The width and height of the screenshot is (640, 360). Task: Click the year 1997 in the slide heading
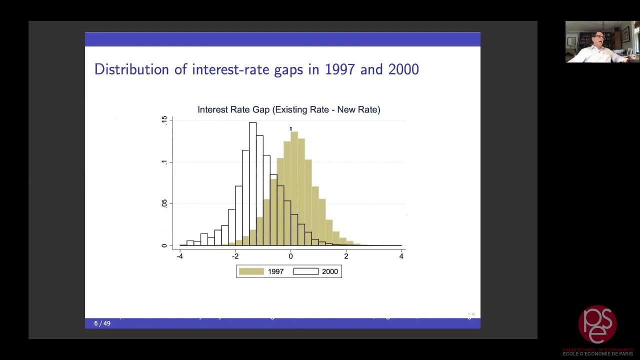tap(340, 69)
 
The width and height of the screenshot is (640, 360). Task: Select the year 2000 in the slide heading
tap(403, 69)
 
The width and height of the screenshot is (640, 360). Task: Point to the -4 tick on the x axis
tap(179, 256)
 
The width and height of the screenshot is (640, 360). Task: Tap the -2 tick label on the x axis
tap(235, 256)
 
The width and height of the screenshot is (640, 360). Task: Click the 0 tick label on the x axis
tap(290, 256)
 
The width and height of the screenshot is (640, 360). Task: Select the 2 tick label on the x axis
tap(346, 256)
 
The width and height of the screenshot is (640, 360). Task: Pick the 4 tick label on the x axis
tap(401, 256)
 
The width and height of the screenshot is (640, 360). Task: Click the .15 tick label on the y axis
tap(164, 120)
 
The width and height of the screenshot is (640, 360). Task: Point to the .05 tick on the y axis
tap(164, 203)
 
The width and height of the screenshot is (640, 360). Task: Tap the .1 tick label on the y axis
tap(164, 162)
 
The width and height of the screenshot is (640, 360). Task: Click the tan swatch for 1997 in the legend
tap(251, 271)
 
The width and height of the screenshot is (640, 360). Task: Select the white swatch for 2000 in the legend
tap(305, 271)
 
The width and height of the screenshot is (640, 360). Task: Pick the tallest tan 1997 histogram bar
tap(294, 190)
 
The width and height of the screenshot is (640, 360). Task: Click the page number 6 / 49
tap(102, 323)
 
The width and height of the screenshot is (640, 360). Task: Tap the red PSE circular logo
tap(597, 324)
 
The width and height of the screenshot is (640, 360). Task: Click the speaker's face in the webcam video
tap(598, 39)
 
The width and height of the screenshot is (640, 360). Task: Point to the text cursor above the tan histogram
tap(291, 129)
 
